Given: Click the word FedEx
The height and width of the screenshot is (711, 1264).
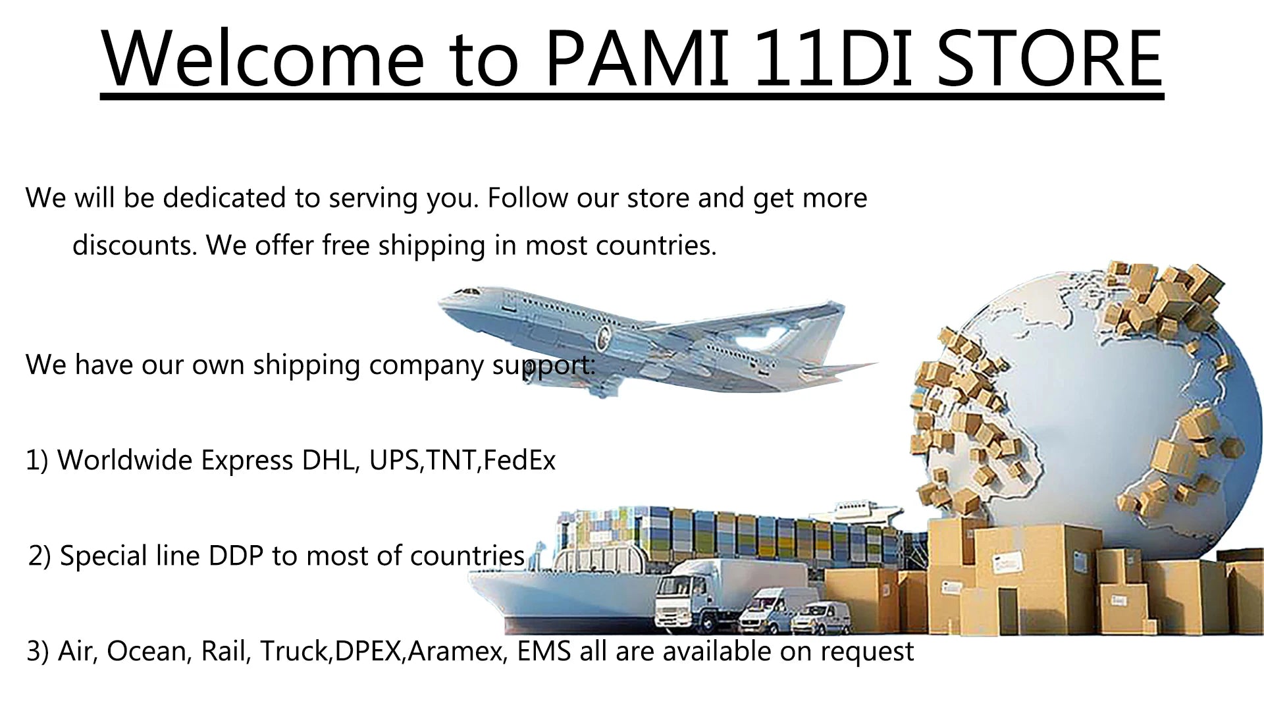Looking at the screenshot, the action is click(519, 460).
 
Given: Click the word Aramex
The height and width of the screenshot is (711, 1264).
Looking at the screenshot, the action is click(458, 652).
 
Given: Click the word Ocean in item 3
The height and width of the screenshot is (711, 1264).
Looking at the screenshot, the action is click(149, 652).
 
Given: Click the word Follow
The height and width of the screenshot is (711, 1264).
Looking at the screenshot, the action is click(528, 198).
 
